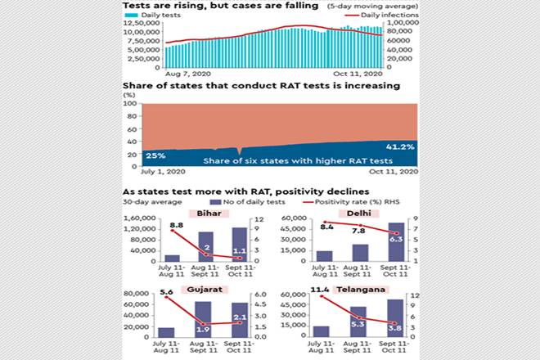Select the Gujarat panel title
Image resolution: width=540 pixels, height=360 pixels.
[x=205, y=290]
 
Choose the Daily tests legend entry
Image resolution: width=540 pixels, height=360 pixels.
[x=156, y=16]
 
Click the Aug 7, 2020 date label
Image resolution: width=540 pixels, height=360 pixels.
[x=169, y=74]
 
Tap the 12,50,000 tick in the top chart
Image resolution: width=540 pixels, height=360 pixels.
[x=140, y=24]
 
